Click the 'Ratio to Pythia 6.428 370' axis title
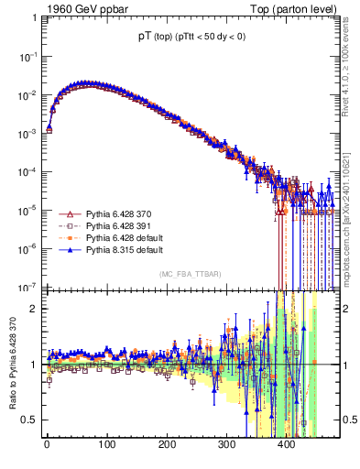click(x=10, y=366)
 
